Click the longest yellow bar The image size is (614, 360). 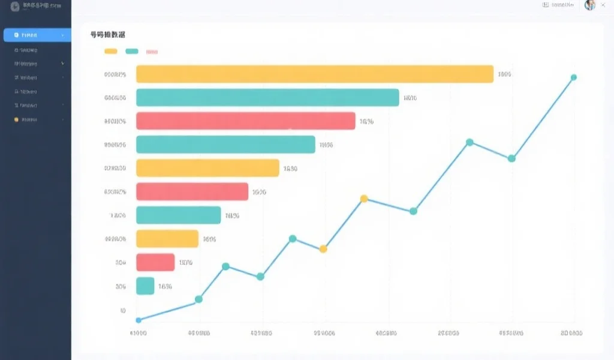[314, 74]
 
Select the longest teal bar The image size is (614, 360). [267, 97]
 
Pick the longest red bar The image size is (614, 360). [245, 121]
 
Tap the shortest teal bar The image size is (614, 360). [145, 286]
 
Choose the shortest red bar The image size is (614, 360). [155, 262]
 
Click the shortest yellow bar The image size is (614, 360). [167, 239]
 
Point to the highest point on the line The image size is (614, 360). [573, 77]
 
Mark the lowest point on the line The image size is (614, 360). [139, 320]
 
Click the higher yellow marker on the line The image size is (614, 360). [363, 199]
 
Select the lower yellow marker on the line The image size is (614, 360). [323, 249]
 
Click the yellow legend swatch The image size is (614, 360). [111, 52]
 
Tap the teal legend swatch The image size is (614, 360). [132, 52]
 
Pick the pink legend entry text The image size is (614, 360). [152, 52]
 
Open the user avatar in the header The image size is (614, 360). [589, 5]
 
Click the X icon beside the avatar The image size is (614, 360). [603, 5]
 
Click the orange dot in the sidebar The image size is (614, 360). [16, 119]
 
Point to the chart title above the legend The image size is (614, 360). [107, 35]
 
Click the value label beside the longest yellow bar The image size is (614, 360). [504, 74]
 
